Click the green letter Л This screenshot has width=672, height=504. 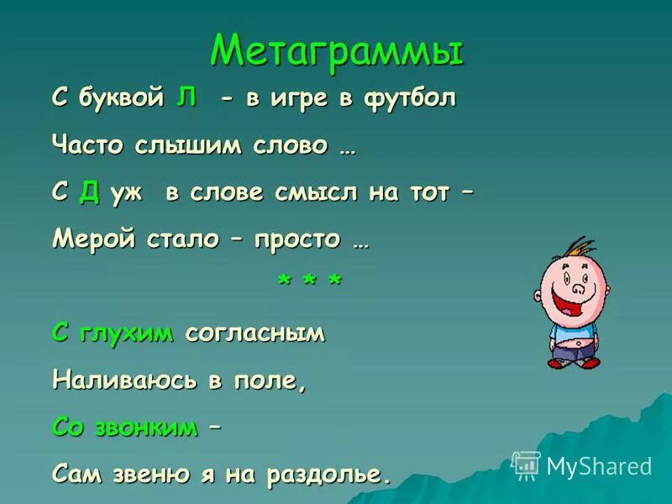pos(186,97)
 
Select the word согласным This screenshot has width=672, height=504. pos(255,334)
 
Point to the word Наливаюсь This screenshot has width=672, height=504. pos(124,381)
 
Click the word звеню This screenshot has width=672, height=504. pos(152,475)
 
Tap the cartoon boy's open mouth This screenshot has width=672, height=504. pos(580,300)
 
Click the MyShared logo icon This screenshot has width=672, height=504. pos(526,465)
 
